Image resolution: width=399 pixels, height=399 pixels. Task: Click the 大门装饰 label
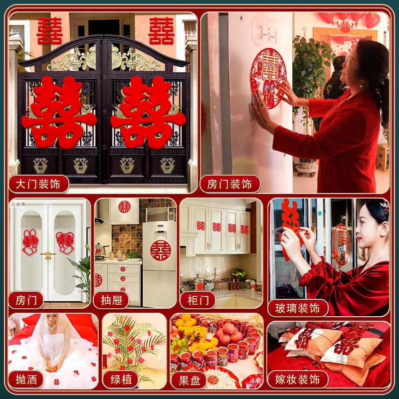[39, 184]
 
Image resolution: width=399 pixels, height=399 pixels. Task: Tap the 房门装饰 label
[230, 184]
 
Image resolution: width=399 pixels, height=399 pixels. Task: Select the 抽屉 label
[111, 300]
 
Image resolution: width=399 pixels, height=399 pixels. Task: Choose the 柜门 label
[198, 300]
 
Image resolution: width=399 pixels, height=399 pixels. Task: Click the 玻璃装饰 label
[298, 308]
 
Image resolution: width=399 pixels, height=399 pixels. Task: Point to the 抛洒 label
[26, 380]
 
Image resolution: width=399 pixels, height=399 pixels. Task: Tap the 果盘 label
[189, 381]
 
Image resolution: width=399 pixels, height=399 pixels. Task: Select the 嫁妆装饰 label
[298, 380]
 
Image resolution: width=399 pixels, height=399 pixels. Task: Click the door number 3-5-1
[268, 34]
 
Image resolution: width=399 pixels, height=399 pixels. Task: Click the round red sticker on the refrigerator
[161, 250]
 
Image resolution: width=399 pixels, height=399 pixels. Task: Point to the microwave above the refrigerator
[161, 214]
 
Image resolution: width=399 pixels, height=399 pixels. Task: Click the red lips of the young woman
[359, 239]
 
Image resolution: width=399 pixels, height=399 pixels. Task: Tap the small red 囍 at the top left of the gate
[49, 30]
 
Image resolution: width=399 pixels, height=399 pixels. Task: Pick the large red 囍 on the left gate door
[59, 112]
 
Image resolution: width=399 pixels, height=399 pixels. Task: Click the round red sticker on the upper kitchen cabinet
[124, 206]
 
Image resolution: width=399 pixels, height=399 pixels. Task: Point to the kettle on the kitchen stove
[99, 250]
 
